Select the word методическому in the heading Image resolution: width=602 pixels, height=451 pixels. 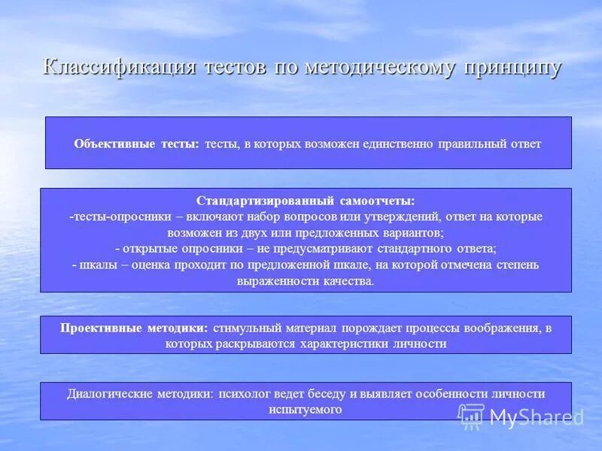click(x=379, y=68)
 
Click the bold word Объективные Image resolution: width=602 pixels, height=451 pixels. click(x=115, y=144)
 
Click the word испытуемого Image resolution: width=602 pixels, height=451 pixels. click(x=305, y=410)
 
